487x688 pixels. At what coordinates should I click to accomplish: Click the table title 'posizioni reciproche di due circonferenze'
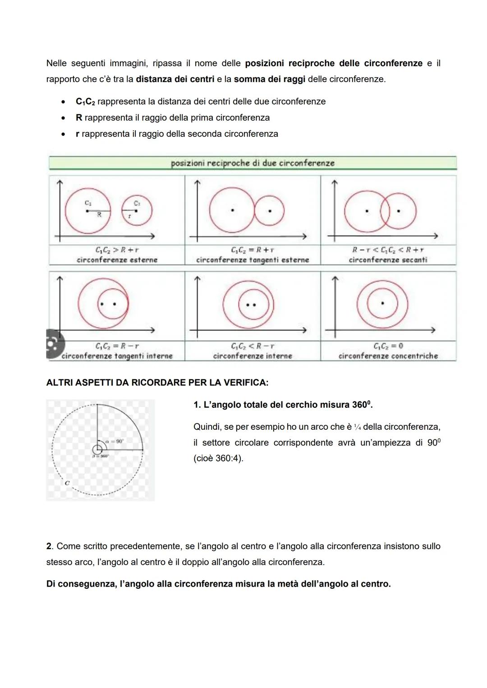tap(253, 163)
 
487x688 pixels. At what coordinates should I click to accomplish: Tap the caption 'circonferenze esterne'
tap(117, 260)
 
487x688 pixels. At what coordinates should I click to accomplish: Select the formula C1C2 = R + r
tap(253, 250)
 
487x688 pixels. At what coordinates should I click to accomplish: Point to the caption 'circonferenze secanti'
tap(388, 260)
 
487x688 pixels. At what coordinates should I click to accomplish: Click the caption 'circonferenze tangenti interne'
tap(117, 356)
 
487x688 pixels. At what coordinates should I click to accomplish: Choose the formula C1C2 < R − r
tap(253, 346)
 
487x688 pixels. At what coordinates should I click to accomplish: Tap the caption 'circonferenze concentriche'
tap(388, 356)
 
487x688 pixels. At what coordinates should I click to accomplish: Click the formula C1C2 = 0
tap(388, 346)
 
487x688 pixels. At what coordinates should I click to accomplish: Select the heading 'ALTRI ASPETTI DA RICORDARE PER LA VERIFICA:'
tap(157, 383)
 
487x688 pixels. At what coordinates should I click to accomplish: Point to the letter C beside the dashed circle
tap(67, 483)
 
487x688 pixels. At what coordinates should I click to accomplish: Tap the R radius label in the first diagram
tap(99, 215)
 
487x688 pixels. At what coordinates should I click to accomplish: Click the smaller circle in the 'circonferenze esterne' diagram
tap(137, 210)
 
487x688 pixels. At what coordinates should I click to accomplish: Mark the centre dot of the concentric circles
tap(382, 303)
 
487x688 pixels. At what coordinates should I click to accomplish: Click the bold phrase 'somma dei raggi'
tap(269, 79)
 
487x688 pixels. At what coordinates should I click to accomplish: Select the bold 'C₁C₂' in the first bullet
tap(85, 102)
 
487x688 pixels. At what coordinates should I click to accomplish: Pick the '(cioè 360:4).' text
tap(218, 458)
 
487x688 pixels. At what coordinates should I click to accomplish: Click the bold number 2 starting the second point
tap(49, 546)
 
